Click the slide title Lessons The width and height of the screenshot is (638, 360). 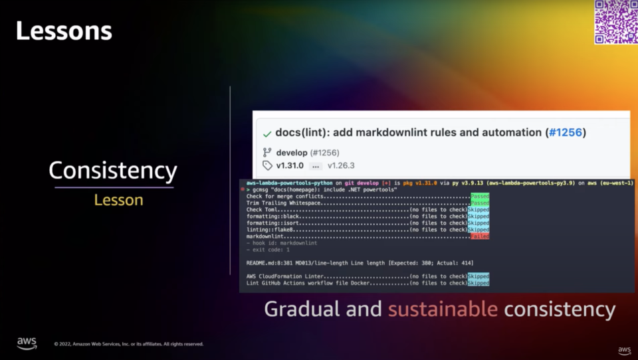coord(64,31)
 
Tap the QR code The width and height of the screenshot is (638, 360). coord(615,22)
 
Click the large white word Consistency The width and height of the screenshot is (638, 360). coord(113,171)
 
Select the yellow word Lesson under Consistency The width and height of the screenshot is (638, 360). coord(118,200)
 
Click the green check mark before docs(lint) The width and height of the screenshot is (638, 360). coord(267,134)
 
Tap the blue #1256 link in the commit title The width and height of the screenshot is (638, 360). coord(564,132)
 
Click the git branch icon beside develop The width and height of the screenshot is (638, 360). coord(267,153)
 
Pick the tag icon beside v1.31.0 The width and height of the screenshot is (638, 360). coord(267,165)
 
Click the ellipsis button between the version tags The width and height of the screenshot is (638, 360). coord(316,165)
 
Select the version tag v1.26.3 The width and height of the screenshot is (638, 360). coord(341,165)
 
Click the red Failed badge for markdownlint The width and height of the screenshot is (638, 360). coord(479,236)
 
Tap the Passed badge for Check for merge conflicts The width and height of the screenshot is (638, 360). coord(479,196)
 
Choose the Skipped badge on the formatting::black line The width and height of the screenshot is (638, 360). coord(478,216)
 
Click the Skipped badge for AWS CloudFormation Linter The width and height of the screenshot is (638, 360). coord(478,276)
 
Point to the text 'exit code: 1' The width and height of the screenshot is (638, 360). coord(270,250)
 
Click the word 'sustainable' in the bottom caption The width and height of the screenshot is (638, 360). coord(443,309)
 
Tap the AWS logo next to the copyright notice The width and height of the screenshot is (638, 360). coord(27,343)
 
